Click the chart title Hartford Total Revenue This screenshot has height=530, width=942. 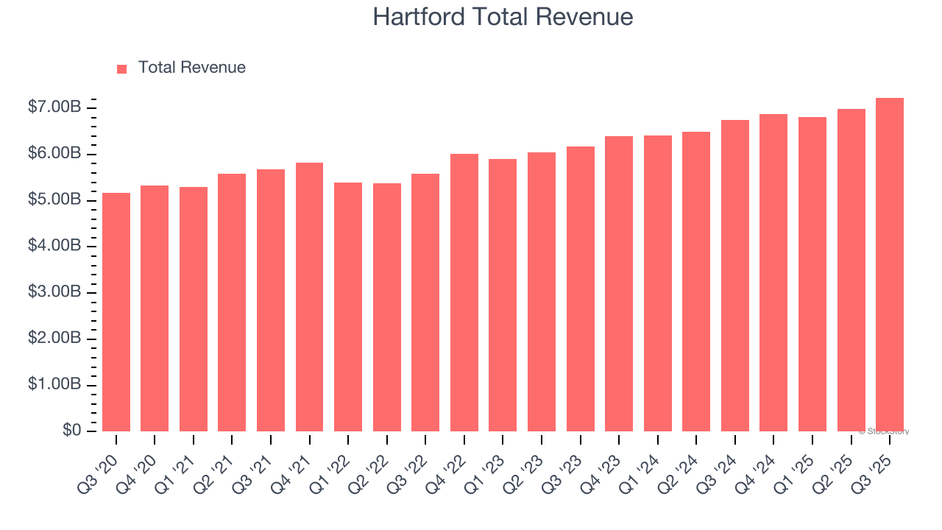[503, 17]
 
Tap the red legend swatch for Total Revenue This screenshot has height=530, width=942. [122, 68]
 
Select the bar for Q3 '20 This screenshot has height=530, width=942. [116, 312]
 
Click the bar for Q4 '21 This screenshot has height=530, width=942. [309, 297]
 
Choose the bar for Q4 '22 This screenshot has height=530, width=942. [464, 292]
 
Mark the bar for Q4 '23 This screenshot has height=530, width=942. [619, 283]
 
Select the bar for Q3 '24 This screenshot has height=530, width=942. [735, 275]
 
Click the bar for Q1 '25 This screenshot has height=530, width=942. [812, 274]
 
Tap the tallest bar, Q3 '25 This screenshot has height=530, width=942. [890, 264]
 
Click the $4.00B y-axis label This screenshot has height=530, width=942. [54, 246]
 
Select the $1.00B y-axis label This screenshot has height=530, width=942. [54, 384]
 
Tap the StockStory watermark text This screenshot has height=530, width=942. [884, 431]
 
